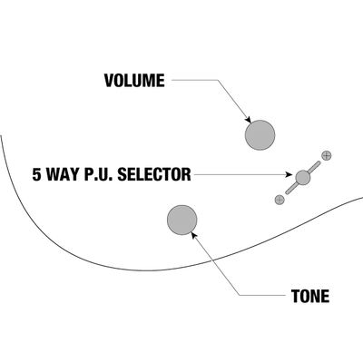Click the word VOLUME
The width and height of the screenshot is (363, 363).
(x=134, y=81)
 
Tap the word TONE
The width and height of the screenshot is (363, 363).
(x=310, y=296)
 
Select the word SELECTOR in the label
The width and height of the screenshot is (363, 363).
(x=154, y=174)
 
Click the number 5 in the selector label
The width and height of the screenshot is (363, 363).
(x=36, y=174)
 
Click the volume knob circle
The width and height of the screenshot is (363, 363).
(x=260, y=135)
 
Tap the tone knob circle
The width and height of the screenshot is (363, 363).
(x=182, y=220)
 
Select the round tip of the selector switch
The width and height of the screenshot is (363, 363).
(x=303, y=178)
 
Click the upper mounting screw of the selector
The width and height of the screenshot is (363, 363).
(x=326, y=156)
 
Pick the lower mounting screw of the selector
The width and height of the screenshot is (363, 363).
(x=280, y=200)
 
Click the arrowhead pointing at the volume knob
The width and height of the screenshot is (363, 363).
(x=249, y=120)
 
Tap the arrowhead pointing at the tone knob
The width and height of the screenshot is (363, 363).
(x=194, y=235)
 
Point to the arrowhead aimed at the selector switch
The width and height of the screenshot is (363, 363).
(x=289, y=174)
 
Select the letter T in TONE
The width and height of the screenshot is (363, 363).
(x=296, y=296)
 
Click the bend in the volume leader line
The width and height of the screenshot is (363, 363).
(x=218, y=80)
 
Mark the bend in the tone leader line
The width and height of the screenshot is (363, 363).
(x=240, y=296)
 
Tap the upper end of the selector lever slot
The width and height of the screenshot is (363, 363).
(x=319, y=162)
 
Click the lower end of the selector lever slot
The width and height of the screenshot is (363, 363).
(x=287, y=192)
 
